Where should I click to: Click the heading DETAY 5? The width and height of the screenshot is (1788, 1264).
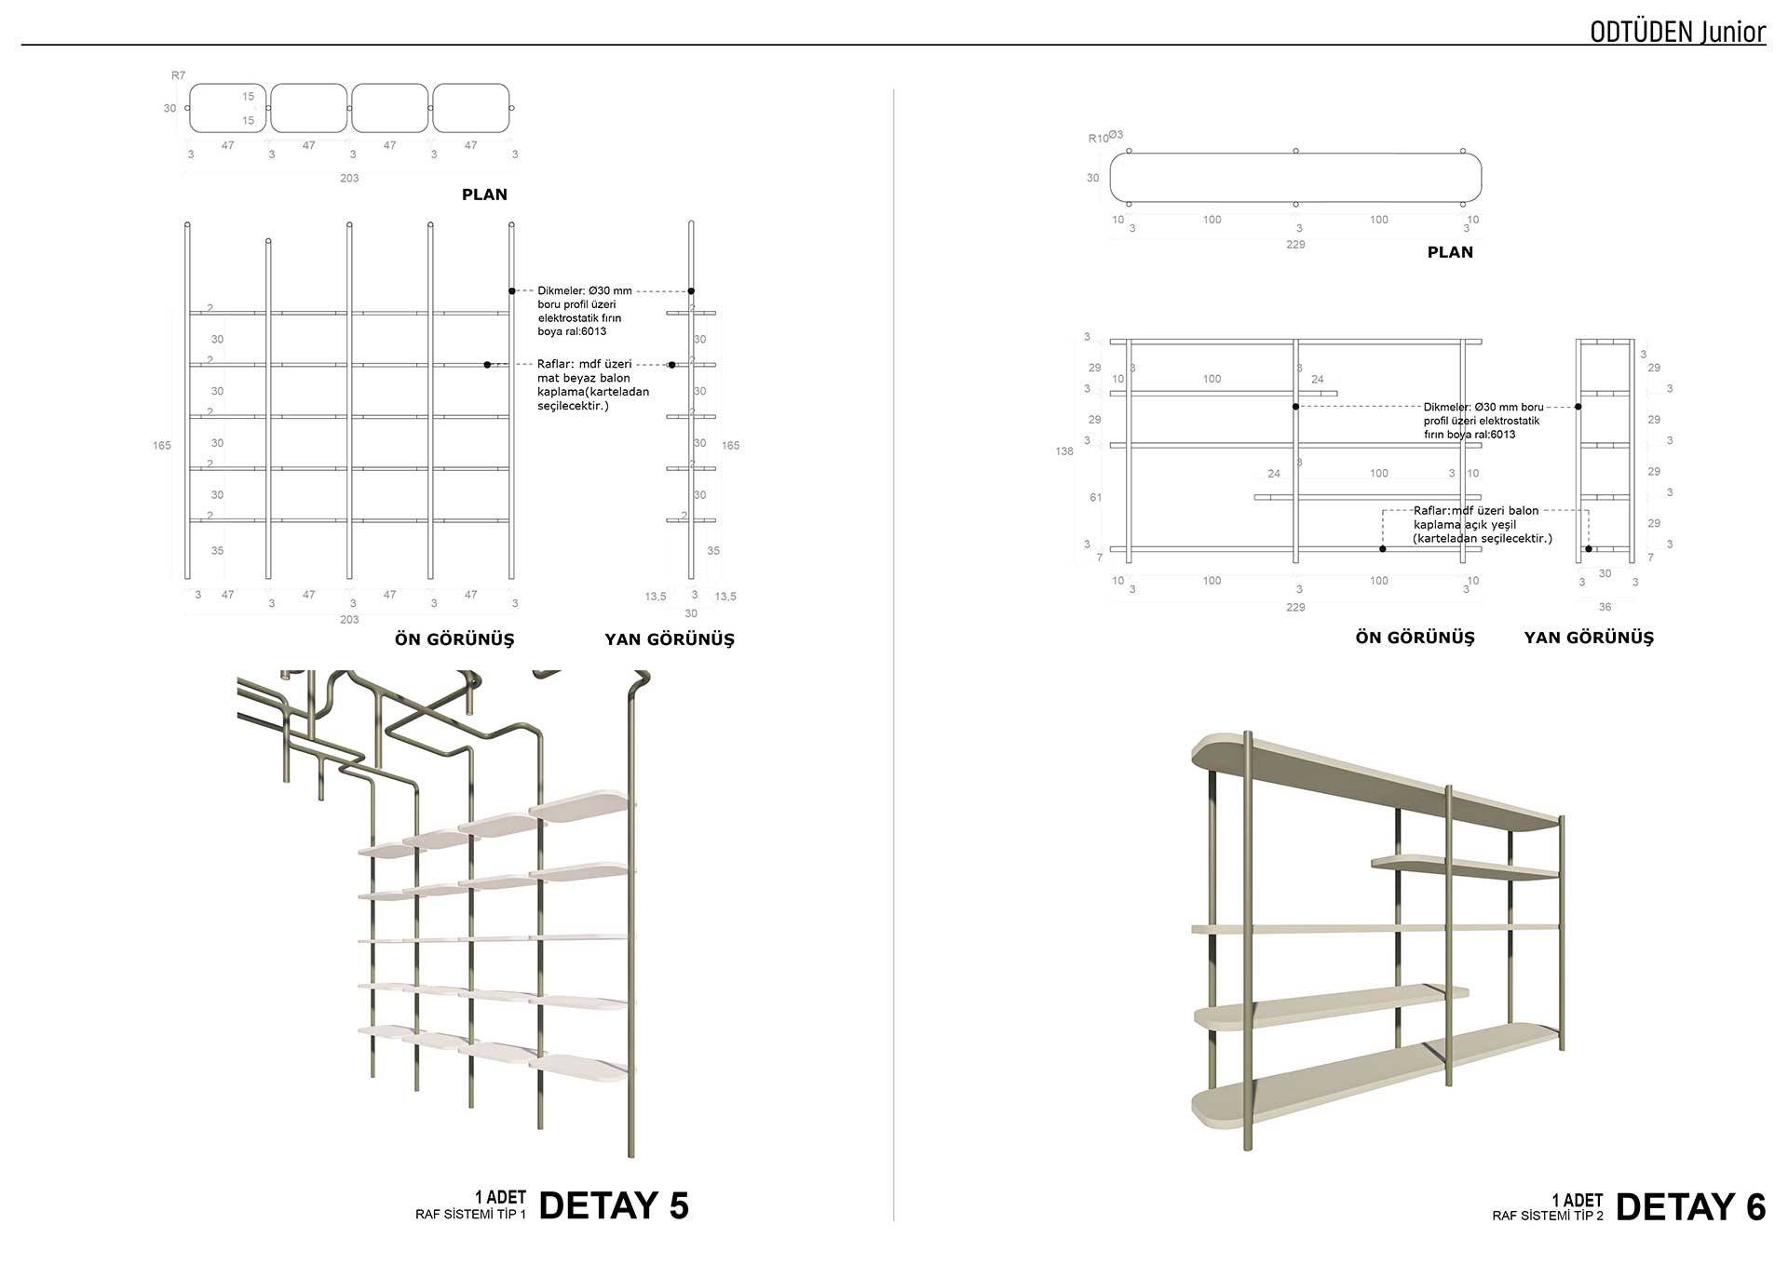tap(614, 1205)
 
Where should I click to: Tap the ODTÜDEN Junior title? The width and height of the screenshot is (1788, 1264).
tap(1677, 32)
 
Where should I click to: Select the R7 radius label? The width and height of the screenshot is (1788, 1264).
tap(178, 75)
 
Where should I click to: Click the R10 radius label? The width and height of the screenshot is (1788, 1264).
tap(1098, 139)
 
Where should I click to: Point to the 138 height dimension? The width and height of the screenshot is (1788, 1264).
tap(1063, 451)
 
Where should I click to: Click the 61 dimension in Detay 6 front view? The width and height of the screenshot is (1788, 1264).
tap(1095, 498)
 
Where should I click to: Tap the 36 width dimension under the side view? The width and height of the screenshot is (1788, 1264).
tap(1605, 607)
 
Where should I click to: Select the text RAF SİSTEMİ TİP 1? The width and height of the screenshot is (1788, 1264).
tap(470, 1215)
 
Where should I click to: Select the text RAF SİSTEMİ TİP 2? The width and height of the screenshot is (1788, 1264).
tap(1548, 1216)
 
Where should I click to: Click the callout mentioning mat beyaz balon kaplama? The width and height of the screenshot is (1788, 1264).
tap(592, 384)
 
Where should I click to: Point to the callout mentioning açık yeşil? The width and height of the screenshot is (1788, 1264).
tap(1482, 524)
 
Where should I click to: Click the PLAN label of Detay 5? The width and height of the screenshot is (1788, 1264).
tap(484, 195)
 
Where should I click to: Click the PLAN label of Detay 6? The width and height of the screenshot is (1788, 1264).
tap(1450, 252)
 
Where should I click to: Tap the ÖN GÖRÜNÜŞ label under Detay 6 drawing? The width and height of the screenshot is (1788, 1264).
tap(1415, 638)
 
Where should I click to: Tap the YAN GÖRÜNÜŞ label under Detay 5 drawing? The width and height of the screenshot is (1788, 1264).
tap(669, 639)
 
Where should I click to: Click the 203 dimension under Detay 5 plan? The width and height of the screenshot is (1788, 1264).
tap(349, 178)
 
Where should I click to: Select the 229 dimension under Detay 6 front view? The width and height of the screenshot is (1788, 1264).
tap(1295, 607)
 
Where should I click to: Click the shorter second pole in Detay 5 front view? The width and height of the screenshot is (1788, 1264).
tap(268, 410)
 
